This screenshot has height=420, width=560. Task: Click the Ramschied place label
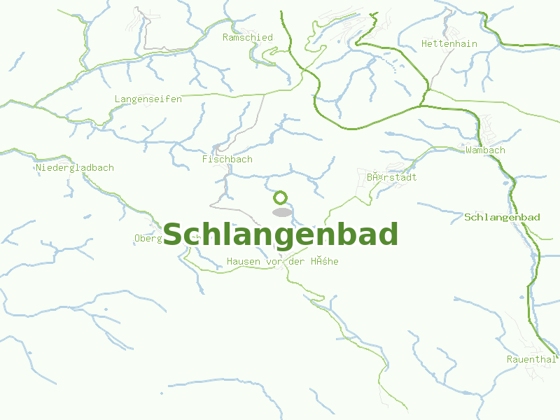point(248,38)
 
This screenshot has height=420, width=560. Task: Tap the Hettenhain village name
point(449,44)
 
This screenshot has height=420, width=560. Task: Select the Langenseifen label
point(148,99)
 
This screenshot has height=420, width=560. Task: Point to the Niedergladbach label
point(75,168)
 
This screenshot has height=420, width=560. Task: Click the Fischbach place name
point(227,160)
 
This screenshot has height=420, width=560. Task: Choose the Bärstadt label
point(391,178)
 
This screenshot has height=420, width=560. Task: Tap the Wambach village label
point(485,150)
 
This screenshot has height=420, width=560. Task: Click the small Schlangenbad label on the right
point(502,218)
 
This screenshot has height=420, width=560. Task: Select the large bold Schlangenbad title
point(281,234)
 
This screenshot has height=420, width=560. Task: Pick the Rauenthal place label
point(531,360)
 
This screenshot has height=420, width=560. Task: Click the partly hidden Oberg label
point(148,239)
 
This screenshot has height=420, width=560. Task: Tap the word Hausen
point(244,262)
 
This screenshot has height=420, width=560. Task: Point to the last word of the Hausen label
point(325,262)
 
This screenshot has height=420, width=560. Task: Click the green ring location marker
point(281,197)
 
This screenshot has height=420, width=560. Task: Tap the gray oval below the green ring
point(281,212)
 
